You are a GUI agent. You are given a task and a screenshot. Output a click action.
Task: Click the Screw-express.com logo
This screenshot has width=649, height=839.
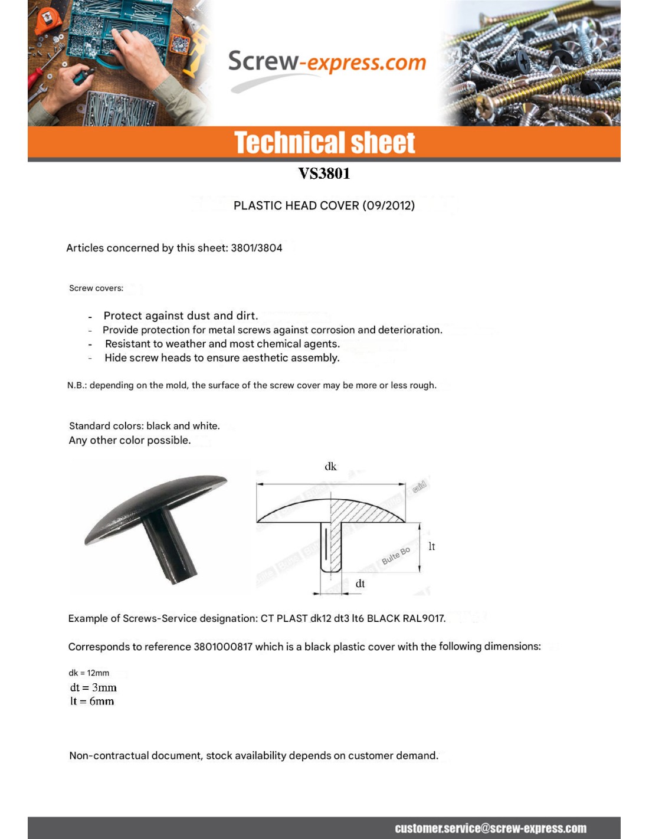click(326, 63)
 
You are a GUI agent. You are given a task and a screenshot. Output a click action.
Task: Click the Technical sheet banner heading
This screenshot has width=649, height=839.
click(324, 143)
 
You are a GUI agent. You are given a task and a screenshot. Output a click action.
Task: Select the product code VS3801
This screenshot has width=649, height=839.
click(324, 173)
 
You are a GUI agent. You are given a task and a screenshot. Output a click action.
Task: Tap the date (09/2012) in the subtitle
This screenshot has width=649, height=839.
click(388, 205)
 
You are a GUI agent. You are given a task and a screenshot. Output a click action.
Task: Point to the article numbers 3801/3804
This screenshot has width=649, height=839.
click(256, 248)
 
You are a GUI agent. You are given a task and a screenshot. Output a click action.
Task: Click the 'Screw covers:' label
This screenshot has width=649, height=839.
click(96, 288)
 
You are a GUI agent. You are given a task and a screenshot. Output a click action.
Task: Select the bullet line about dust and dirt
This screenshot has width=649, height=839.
click(181, 316)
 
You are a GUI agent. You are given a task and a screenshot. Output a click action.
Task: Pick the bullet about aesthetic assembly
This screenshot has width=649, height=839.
click(222, 358)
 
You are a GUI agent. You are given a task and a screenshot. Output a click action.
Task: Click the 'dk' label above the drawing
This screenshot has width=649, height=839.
click(330, 467)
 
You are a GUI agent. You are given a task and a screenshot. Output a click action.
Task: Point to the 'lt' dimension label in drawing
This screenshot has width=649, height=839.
click(431, 546)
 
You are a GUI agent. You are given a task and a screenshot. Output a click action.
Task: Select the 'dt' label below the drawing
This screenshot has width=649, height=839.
click(360, 584)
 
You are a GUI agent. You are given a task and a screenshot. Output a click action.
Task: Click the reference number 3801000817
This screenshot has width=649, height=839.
click(223, 647)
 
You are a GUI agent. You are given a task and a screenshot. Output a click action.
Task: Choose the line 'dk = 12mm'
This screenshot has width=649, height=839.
click(89, 673)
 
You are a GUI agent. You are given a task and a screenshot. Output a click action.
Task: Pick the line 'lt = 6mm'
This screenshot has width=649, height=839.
click(92, 701)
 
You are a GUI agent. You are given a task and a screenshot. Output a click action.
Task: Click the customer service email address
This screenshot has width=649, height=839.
click(490, 828)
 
